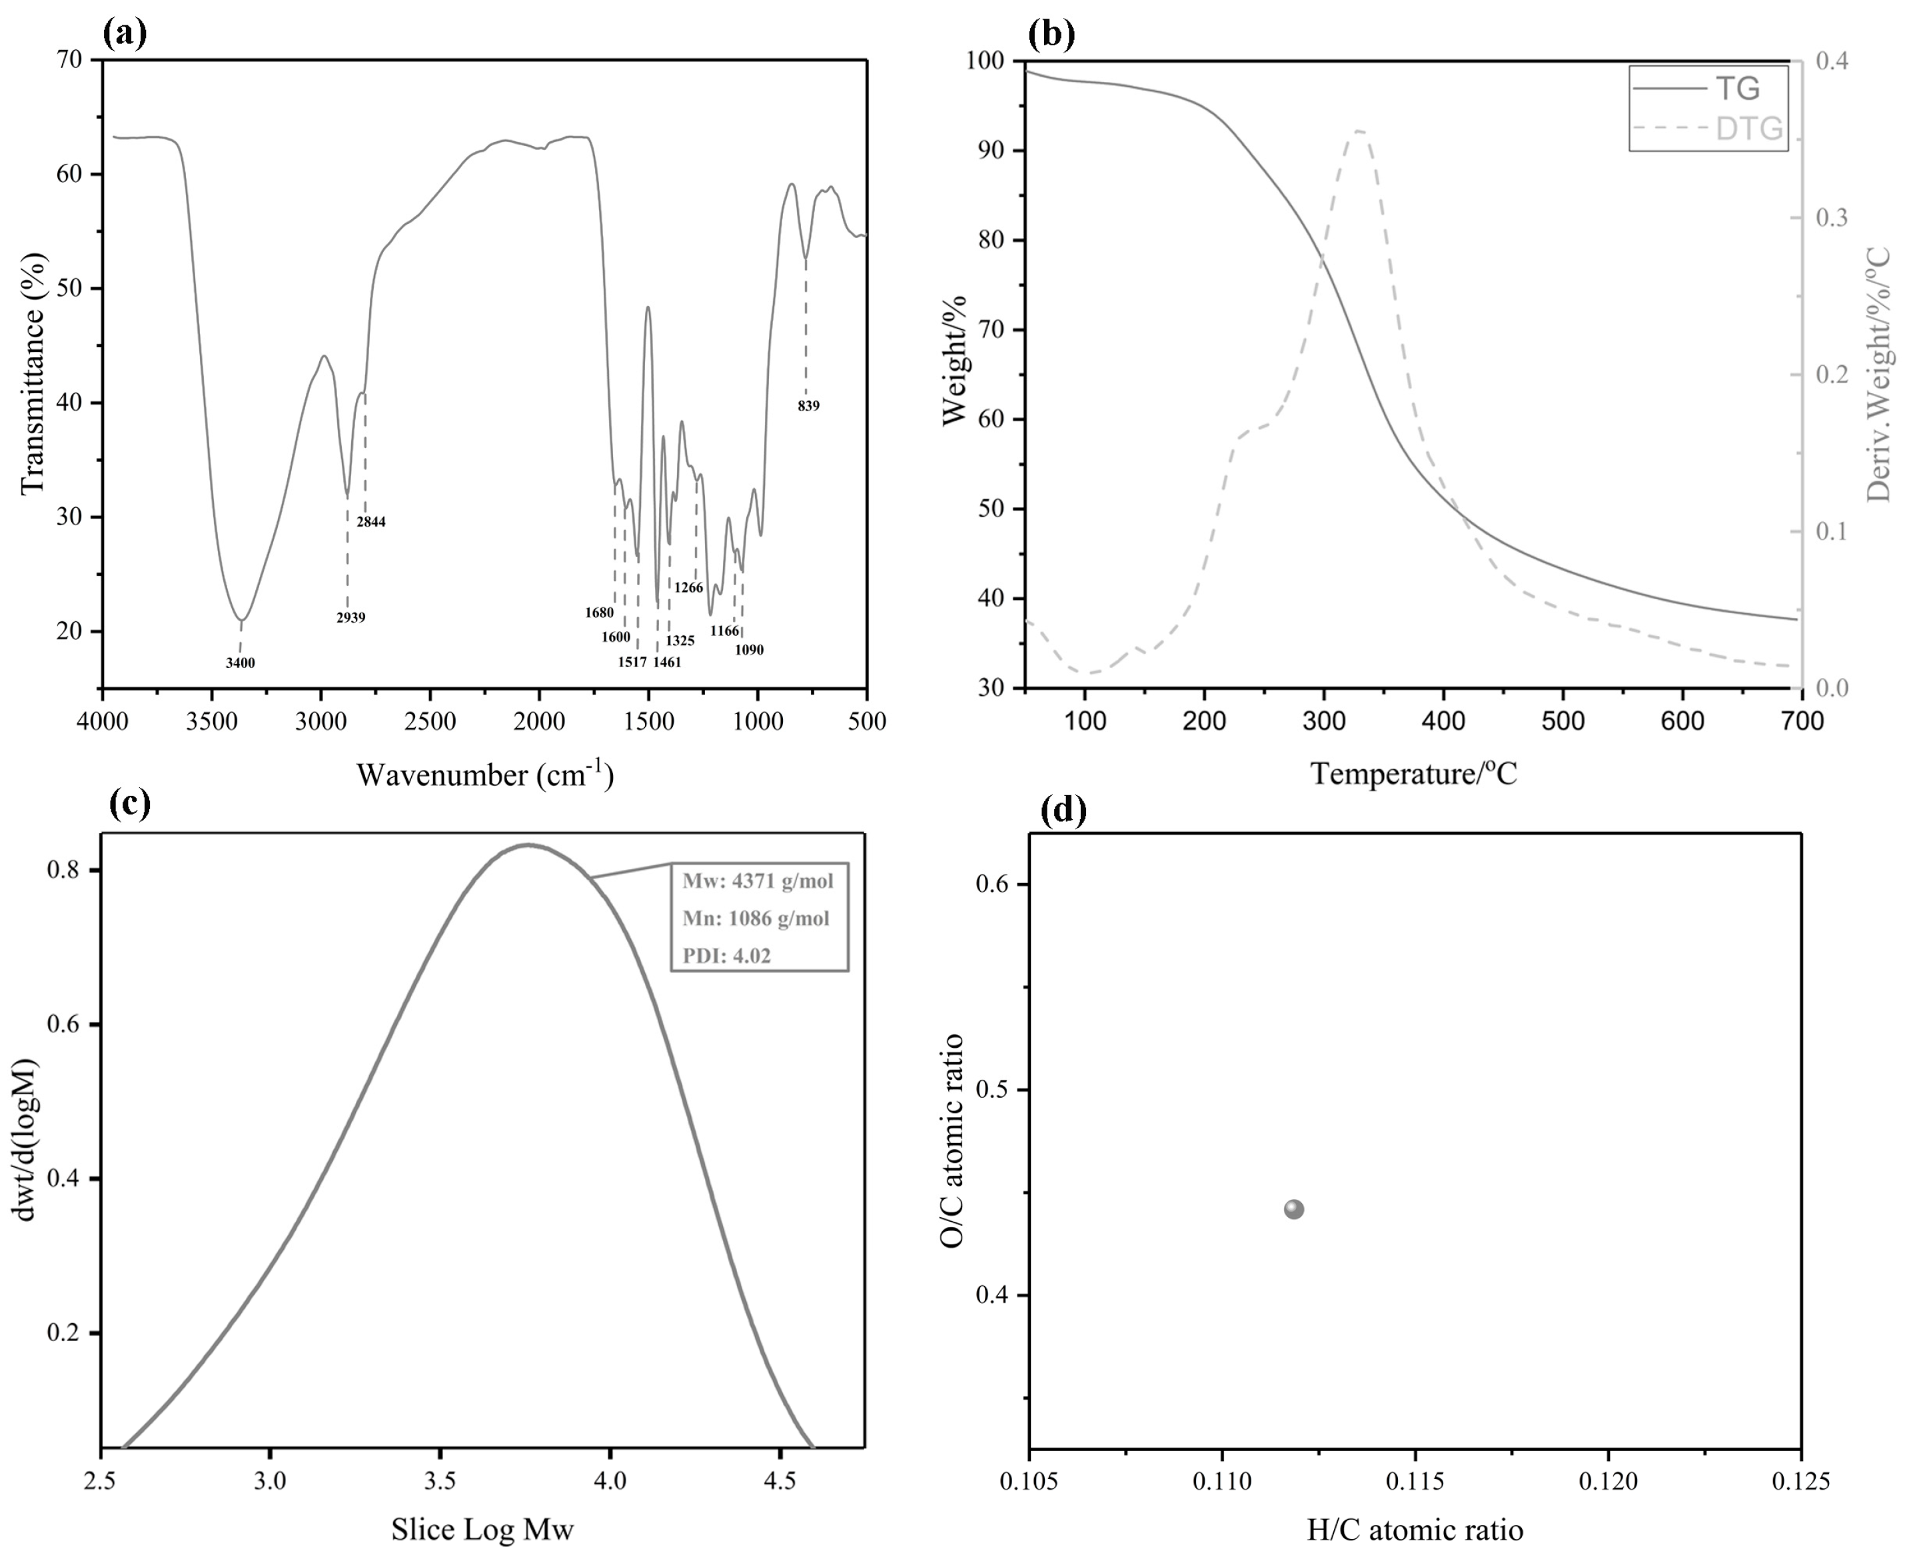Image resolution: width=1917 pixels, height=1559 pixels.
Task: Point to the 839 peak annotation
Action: pyautogui.click(x=808, y=406)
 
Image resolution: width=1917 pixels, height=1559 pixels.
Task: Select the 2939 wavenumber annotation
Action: pyautogui.click(x=351, y=618)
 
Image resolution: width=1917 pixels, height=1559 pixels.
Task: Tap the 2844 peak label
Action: pyautogui.click(x=371, y=522)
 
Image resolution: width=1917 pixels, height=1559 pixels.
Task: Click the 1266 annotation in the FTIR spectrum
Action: pyautogui.click(x=689, y=589)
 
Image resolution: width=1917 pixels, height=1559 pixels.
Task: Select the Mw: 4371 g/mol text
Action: pyautogui.click(x=758, y=881)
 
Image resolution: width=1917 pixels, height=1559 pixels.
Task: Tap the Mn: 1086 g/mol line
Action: pyautogui.click(x=756, y=918)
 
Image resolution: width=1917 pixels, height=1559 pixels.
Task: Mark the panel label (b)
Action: pyautogui.click(x=1051, y=34)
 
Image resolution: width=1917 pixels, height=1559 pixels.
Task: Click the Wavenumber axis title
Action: pyautogui.click(x=485, y=774)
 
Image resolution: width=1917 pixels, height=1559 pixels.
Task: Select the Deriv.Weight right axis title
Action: pyautogui.click(x=1878, y=375)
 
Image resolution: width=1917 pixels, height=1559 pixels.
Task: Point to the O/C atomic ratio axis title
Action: pyautogui.click(x=952, y=1140)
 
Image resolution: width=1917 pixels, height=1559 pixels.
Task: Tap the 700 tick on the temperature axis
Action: pyautogui.click(x=1799, y=721)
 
